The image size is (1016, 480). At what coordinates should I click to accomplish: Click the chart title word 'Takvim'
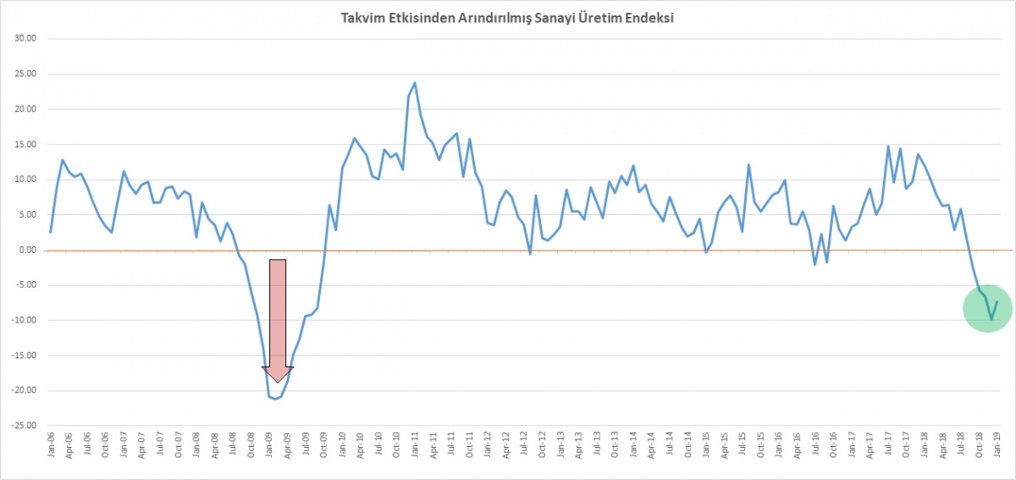pyautogui.click(x=361, y=18)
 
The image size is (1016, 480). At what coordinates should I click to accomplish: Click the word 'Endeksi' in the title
pyautogui.click(x=649, y=18)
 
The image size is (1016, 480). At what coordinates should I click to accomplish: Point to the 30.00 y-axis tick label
pyautogui.click(x=26, y=38)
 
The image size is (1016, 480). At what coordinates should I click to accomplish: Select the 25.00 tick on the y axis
pyautogui.click(x=26, y=74)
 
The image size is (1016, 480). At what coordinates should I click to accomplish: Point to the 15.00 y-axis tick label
pyautogui.click(x=26, y=144)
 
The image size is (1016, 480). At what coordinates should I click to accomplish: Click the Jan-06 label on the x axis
pyautogui.click(x=52, y=448)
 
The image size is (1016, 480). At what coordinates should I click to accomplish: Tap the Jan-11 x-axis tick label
pyautogui.click(x=415, y=448)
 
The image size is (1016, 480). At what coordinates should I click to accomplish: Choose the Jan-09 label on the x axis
pyautogui.click(x=269, y=448)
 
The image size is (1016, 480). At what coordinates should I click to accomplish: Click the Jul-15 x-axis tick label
pyautogui.click(x=743, y=448)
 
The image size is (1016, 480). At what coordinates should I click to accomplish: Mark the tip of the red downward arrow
pyautogui.click(x=278, y=383)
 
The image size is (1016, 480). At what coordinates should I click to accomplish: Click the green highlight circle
pyautogui.click(x=988, y=306)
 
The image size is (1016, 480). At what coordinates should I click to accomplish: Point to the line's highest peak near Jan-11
pyautogui.click(x=415, y=82)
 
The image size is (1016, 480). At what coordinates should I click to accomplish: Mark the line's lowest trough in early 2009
pyautogui.click(x=275, y=399)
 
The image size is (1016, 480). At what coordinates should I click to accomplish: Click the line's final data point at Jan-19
pyautogui.click(x=997, y=301)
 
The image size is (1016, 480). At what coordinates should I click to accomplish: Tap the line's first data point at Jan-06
pyautogui.click(x=51, y=232)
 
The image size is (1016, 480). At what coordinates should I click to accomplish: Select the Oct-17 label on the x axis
pyautogui.click(x=906, y=448)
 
